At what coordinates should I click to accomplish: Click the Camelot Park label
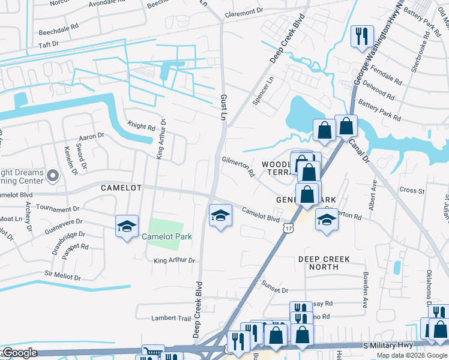(167, 236)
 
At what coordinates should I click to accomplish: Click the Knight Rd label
(141, 126)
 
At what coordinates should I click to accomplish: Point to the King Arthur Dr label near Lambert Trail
(175, 260)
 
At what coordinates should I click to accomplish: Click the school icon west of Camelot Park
(127, 226)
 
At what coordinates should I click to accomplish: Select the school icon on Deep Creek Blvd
(220, 215)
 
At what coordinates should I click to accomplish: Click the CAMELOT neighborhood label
(121, 188)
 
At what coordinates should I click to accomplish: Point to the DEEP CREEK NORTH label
(324, 263)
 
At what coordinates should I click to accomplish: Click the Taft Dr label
(49, 44)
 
